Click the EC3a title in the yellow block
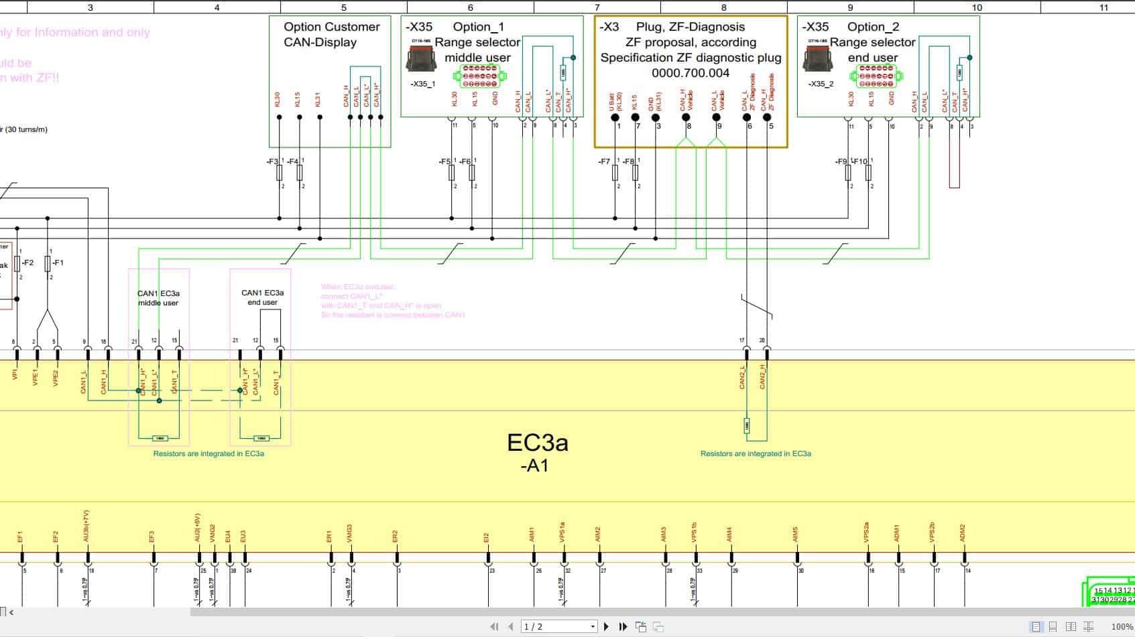click(x=537, y=443)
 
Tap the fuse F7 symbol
click(x=615, y=173)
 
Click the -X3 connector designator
click(x=609, y=27)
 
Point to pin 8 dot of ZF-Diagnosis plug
click(x=686, y=117)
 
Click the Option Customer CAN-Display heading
click(x=331, y=34)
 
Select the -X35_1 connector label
click(x=422, y=84)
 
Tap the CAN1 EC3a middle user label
click(x=158, y=298)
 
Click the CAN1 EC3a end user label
click(x=262, y=297)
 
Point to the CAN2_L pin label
click(x=742, y=377)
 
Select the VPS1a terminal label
click(x=562, y=532)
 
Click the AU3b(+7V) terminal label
click(x=86, y=526)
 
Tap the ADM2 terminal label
click(x=963, y=533)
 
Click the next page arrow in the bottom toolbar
click(x=606, y=626)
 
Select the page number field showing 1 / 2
click(x=558, y=626)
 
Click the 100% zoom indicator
click(x=1122, y=626)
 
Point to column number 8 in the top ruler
click(x=723, y=7)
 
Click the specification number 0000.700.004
click(x=690, y=73)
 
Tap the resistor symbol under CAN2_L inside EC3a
click(x=747, y=425)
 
